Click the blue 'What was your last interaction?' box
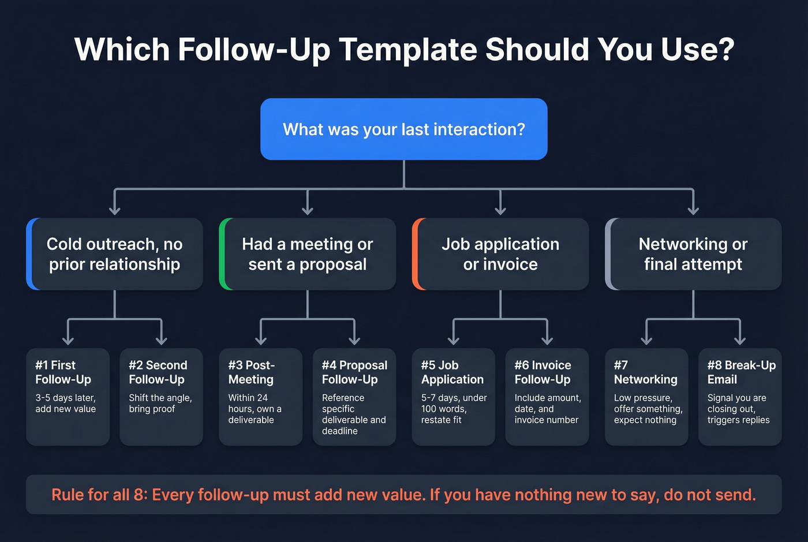click(403, 129)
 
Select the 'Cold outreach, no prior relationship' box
click(115, 254)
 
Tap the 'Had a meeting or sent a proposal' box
click(308, 254)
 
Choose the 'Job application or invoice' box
click(500, 254)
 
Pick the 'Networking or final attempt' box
click(693, 254)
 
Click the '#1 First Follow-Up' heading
click(63, 372)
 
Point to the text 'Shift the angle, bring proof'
click(160, 403)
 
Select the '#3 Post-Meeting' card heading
click(251, 372)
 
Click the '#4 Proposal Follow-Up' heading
click(354, 372)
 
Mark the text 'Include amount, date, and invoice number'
click(547, 409)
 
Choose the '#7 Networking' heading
click(645, 372)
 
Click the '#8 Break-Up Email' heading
click(740, 372)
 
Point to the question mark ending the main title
click(725, 50)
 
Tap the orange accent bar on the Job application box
click(415, 254)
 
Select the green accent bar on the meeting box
click(222, 254)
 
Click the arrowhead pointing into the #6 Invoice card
click(547, 340)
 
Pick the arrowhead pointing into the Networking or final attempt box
click(693, 210)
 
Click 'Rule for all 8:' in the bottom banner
click(99, 495)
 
